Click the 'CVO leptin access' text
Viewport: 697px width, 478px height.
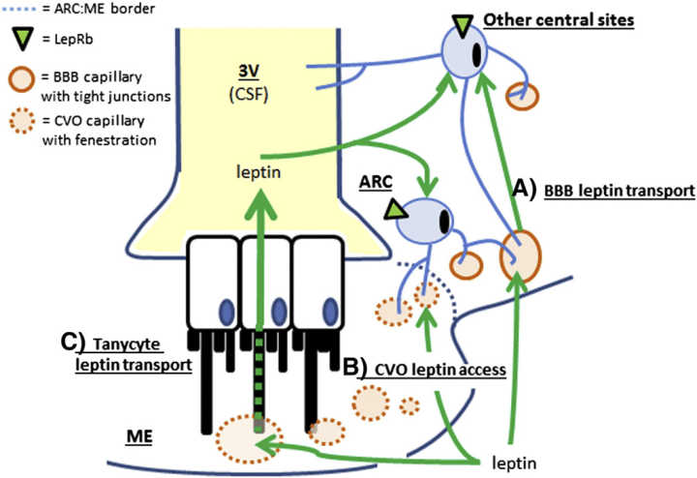[x=437, y=369]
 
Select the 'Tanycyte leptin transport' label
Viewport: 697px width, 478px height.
[x=121, y=353]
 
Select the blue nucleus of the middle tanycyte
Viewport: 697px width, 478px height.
[x=280, y=311]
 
